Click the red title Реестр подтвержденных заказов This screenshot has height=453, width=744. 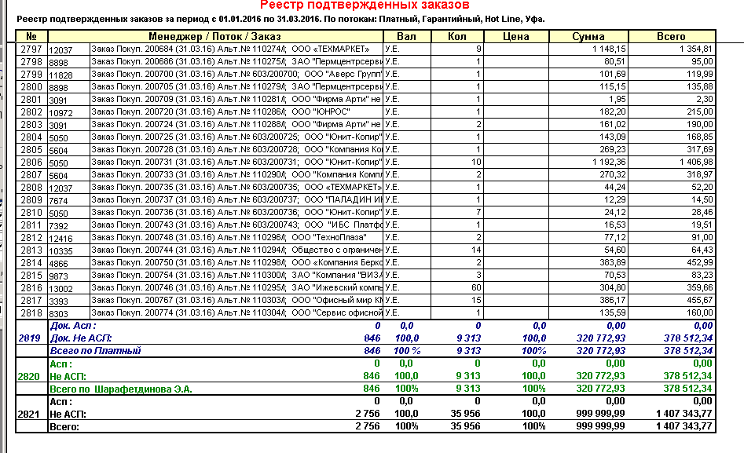(x=372, y=5)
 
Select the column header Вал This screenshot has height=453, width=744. (x=405, y=36)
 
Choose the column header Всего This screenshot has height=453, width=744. (x=671, y=36)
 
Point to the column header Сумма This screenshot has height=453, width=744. (x=588, y=36)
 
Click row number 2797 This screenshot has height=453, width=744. (x=31, y=49)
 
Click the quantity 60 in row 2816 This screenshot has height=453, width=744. (x=476, y=288)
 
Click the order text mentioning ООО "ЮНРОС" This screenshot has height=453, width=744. (x=236, y=112)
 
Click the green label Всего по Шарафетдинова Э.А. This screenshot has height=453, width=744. (x=121, y=388)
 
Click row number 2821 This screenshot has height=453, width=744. (x=31, y=413)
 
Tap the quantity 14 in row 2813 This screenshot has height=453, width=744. (x=476, y=250)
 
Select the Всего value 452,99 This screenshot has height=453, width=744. (x=698, y=262)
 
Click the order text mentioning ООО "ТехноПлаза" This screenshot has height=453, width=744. (x=236, y=237)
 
